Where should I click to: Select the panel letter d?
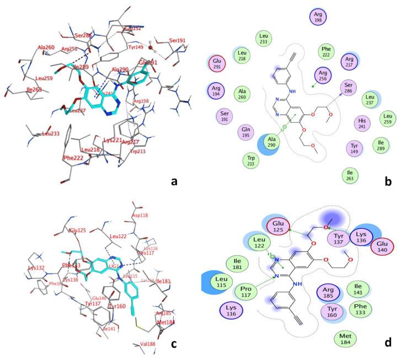pyautogui.click(x=388, y=342)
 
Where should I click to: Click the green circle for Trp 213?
pyautogui.click(x=250, y=160)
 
